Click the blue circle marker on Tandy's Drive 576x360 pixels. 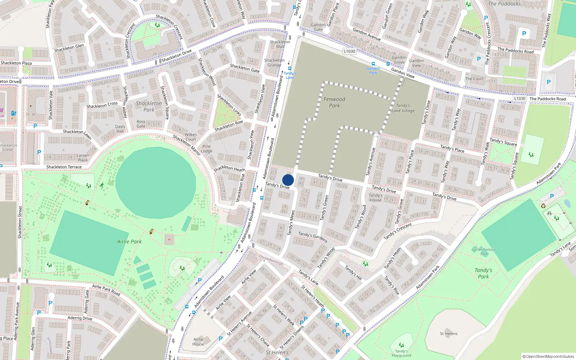tap(288, 180)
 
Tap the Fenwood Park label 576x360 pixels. tap(334, 102)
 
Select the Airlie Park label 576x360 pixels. tap(129, 242)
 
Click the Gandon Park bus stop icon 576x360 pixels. tap(373, 64)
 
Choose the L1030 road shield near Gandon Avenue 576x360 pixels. tap(349, 51)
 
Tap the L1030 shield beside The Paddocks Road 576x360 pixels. tap(519, 98)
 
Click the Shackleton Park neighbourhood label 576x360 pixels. tap(149, 106)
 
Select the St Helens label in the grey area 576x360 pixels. tap(449, 333)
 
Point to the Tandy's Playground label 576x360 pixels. tap(401, 353)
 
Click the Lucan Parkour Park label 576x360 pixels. tap(484, 251)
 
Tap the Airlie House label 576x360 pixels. tap(198, 341)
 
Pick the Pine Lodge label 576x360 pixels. tap(206, 149)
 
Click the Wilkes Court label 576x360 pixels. tap(190, 137)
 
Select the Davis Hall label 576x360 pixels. tap(120, 129)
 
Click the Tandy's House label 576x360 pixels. tap(375, 198)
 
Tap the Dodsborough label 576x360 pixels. tap(271, 260)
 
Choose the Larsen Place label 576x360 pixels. tap(83, 158)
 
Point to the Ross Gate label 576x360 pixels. tap(141, 124)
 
